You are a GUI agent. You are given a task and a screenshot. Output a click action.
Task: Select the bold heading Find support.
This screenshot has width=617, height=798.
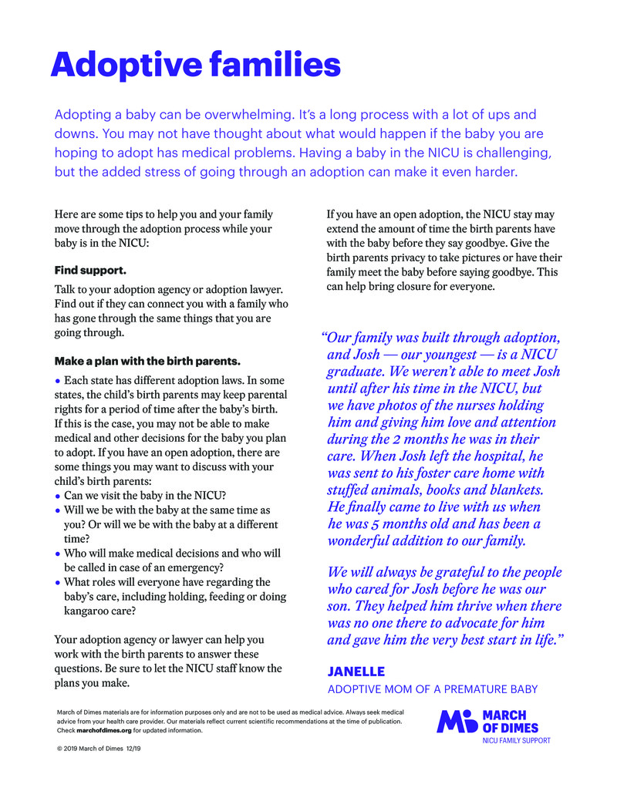(x=90, y=271)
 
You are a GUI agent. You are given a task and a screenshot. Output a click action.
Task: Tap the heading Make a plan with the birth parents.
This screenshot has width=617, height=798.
(x=147, y=361)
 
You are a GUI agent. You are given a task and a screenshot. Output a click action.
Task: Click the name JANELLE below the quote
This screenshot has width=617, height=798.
(x=356, y=672)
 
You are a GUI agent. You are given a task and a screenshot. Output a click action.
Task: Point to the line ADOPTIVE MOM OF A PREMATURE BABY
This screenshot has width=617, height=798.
(x=432, y=689)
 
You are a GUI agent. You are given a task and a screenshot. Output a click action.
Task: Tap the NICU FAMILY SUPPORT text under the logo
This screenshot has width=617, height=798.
(x=516, y=741)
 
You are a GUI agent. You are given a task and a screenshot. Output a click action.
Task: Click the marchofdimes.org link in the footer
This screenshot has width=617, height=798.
(x=104, y=730)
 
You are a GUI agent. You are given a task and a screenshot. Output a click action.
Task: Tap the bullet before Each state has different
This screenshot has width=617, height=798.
(x=58, y=380)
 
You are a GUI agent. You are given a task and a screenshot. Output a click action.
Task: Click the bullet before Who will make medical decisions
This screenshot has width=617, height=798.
(x=58, y=554)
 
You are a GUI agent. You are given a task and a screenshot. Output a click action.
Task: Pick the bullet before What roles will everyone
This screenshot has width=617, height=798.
(x=58, y=583)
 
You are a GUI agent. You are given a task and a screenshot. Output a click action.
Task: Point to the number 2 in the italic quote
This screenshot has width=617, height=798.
(x=439, y=439)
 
